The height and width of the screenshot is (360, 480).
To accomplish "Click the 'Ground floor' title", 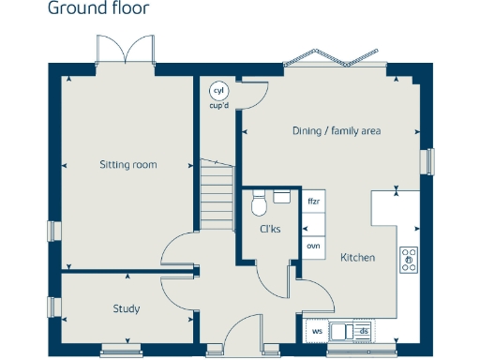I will click(97, 10).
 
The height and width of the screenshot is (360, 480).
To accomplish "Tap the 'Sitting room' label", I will click(128, 165).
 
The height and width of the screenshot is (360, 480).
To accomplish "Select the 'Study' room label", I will click(126, 308).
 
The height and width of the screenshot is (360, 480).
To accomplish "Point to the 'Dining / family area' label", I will click(336, 131).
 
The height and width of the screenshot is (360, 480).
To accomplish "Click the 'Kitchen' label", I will click(357, 258).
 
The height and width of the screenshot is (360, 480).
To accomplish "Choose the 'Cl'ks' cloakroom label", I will click(270, 230).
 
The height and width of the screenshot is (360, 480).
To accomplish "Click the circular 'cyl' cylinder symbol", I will click(219, 91).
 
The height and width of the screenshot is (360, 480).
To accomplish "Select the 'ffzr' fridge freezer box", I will click(313, 202).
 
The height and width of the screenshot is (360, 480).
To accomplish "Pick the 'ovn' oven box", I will click(313, 246).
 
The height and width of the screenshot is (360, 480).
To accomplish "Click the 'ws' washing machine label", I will click(317, 331).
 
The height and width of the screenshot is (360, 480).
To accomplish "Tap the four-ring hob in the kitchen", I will click(410, 260).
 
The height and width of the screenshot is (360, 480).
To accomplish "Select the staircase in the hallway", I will click(217, 193).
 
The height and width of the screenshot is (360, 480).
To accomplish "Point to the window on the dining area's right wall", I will click(430, 161).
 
